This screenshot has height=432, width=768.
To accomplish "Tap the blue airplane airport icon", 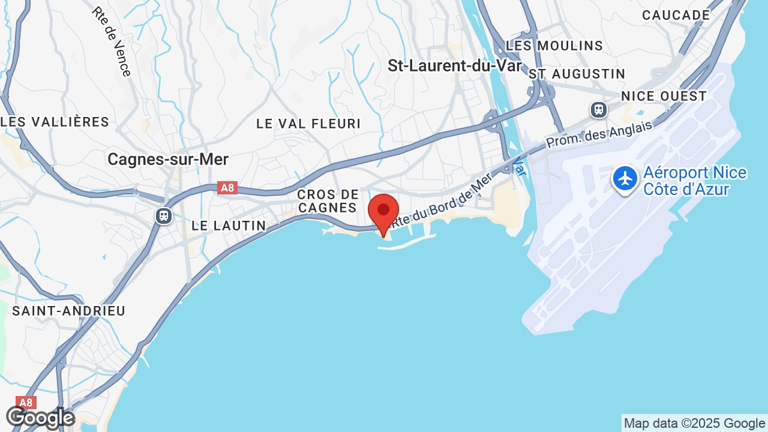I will point(625,179).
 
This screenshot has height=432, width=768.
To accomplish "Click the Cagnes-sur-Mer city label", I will point(168,159).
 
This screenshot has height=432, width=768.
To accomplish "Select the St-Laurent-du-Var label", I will point(455,66).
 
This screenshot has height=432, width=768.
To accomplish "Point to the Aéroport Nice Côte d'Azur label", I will point(695,181).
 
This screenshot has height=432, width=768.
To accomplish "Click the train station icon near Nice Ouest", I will point(598,110).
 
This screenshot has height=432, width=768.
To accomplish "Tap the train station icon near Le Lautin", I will point(163,215).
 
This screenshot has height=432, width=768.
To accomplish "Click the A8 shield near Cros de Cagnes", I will point(227,188).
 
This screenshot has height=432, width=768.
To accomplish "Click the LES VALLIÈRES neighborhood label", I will point(55,122).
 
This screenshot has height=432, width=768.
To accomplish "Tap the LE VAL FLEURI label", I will point(308,124).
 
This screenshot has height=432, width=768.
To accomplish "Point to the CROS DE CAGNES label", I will point(328,201).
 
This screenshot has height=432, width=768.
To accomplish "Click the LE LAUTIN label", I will point(229,226).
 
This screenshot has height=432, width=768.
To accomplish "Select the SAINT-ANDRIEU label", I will point(69,311).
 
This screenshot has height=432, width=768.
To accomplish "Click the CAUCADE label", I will point(676,16).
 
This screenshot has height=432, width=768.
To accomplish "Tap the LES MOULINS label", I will point(554,46).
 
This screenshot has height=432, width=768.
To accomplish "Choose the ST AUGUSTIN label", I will point(577,74).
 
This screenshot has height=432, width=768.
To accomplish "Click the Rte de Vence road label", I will point(112,41).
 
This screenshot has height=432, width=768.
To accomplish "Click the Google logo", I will point(40,418).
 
